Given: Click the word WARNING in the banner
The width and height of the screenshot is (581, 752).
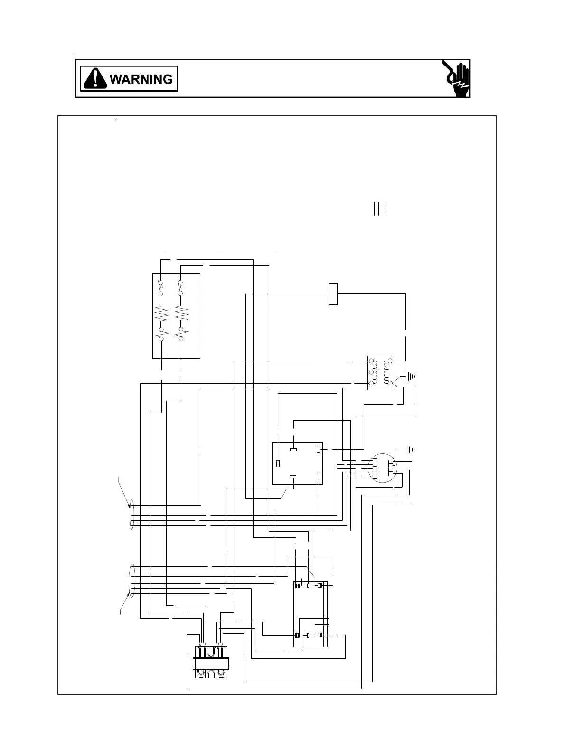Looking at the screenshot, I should pyautogui.click(x=141, y=79).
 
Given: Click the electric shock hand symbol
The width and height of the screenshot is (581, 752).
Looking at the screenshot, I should pyautogui.click(x=456, y=78).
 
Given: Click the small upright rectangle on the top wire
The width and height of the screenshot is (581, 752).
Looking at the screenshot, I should pyautogui.click(x=333, y=294).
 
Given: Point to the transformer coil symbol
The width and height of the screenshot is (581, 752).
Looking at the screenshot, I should pyautogui.click(x=381, y=373).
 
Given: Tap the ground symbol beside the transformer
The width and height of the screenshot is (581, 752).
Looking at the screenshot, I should pyautogui.click(x=410, y=376).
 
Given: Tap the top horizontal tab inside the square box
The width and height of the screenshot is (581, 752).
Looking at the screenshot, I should pyautogui.click(x=294, y=449).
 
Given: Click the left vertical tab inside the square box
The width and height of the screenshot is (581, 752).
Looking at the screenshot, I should pyautogui.click(x=278, y=463).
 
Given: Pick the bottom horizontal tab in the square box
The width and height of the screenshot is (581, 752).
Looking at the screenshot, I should pyautogui.click(x=293, y=477).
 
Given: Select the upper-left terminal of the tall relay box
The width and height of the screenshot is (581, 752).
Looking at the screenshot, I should pyautogui.click(x=297, y=586).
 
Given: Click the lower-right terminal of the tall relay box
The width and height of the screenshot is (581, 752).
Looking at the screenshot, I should pyautogui.click(x=320, y=635).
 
